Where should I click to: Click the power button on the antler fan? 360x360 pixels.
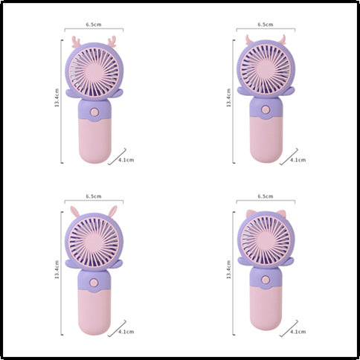[x=94, y=112]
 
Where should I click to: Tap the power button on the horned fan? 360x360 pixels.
[x=266, y=109]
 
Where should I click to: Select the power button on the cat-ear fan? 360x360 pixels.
[x=266, y=280]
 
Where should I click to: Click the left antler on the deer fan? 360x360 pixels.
[x=77, y=42]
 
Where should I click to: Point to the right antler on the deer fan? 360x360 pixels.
[x=112, y=41]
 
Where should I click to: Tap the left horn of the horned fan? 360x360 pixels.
[x=249, y=39]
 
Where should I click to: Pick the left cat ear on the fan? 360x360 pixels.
[x=251, y=213]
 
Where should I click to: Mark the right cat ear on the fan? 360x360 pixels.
[x=281, y=213]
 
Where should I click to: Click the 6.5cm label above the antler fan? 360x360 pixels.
[x=94, y=25]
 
